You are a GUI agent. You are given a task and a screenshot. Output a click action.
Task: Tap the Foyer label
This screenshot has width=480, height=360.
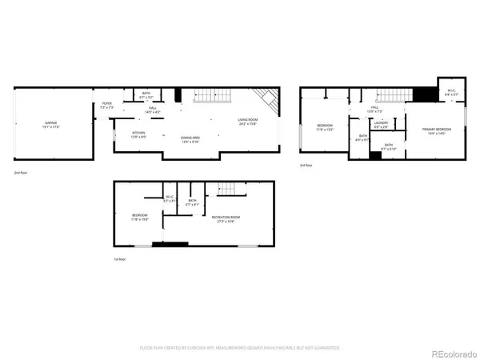[106, 105]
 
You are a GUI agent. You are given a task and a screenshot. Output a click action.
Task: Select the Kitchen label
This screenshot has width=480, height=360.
[138, 135]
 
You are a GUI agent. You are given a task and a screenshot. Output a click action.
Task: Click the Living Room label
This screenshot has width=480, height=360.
[247, 122]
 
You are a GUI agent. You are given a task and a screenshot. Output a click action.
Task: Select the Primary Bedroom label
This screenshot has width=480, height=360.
[437, 130]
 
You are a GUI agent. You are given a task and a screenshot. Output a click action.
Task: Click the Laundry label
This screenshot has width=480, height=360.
[381, 125]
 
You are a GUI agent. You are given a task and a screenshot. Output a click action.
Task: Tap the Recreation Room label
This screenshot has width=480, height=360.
[227, 218]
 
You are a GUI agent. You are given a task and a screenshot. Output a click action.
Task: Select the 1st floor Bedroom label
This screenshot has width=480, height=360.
[141, 217]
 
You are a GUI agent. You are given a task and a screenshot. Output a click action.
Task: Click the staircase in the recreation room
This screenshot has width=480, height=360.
[226, 190]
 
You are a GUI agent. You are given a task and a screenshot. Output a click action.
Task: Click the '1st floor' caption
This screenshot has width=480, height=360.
[120, 260]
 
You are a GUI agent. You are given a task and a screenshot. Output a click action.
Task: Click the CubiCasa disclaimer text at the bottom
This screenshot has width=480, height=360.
[240, 348]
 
